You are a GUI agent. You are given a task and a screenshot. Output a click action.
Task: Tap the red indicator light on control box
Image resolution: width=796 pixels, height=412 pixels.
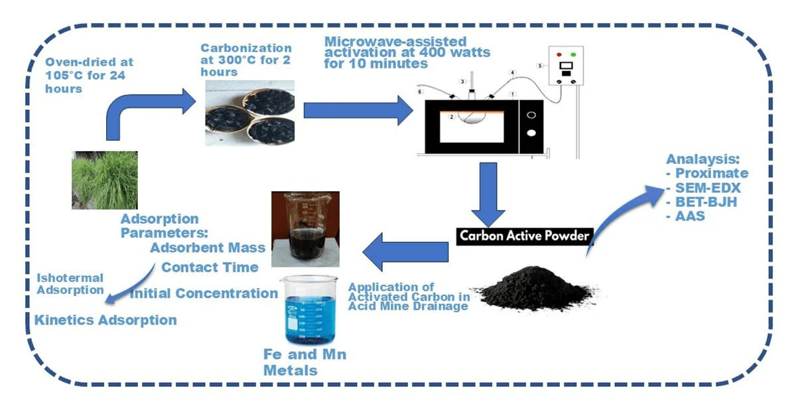click(559, 54)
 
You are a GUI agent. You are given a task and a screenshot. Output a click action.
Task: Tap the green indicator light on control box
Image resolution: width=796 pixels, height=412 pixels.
click(572, 54)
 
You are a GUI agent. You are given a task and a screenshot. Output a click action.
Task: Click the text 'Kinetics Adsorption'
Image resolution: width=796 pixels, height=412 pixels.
click(105, 320)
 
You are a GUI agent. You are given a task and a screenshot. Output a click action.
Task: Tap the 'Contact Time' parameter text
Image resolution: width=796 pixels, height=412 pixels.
click(210, 267)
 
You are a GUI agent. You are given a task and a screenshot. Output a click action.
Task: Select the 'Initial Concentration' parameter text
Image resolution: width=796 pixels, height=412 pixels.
click(204, 293)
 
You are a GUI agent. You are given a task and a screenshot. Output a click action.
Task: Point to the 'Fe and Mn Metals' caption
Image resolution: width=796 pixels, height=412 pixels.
click(304, 362)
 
